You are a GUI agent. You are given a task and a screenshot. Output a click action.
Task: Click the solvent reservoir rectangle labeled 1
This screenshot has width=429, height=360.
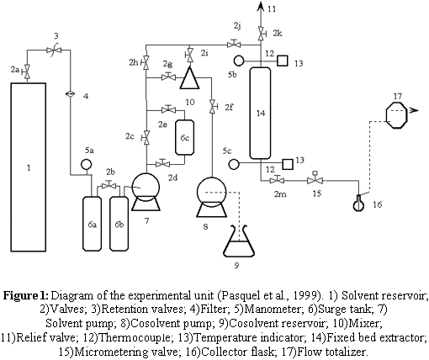coord(29,167)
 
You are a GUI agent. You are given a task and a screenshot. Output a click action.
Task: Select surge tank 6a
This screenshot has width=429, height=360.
coord(92,224)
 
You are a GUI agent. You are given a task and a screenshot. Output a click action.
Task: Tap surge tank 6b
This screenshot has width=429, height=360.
coord(119,224)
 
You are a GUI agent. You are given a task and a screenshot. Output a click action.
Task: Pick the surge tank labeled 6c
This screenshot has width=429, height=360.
coord(184,137)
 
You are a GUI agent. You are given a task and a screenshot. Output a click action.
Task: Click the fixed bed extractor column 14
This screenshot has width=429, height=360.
coord(261,113)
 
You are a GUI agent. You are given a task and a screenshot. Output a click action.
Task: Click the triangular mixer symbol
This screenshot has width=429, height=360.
coord(189,77)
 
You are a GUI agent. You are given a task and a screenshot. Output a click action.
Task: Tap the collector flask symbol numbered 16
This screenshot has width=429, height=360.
coord(358,203)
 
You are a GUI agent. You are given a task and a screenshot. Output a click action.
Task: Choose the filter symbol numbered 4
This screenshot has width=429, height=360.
coord(70,94)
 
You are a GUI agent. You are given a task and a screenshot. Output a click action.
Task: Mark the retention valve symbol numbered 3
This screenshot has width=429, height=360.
coord(54,50)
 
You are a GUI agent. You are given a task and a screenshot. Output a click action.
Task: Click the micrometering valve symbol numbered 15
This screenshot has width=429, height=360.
coord(315,179)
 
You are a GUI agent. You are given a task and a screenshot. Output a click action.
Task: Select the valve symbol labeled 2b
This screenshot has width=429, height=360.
coord(109,185)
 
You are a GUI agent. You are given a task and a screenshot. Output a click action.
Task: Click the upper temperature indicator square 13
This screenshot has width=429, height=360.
coord(283,61)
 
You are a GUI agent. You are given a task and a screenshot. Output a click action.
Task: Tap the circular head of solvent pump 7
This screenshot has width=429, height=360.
coord(146,187)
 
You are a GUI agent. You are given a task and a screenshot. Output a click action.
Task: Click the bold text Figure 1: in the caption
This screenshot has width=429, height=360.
coord(26,295)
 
